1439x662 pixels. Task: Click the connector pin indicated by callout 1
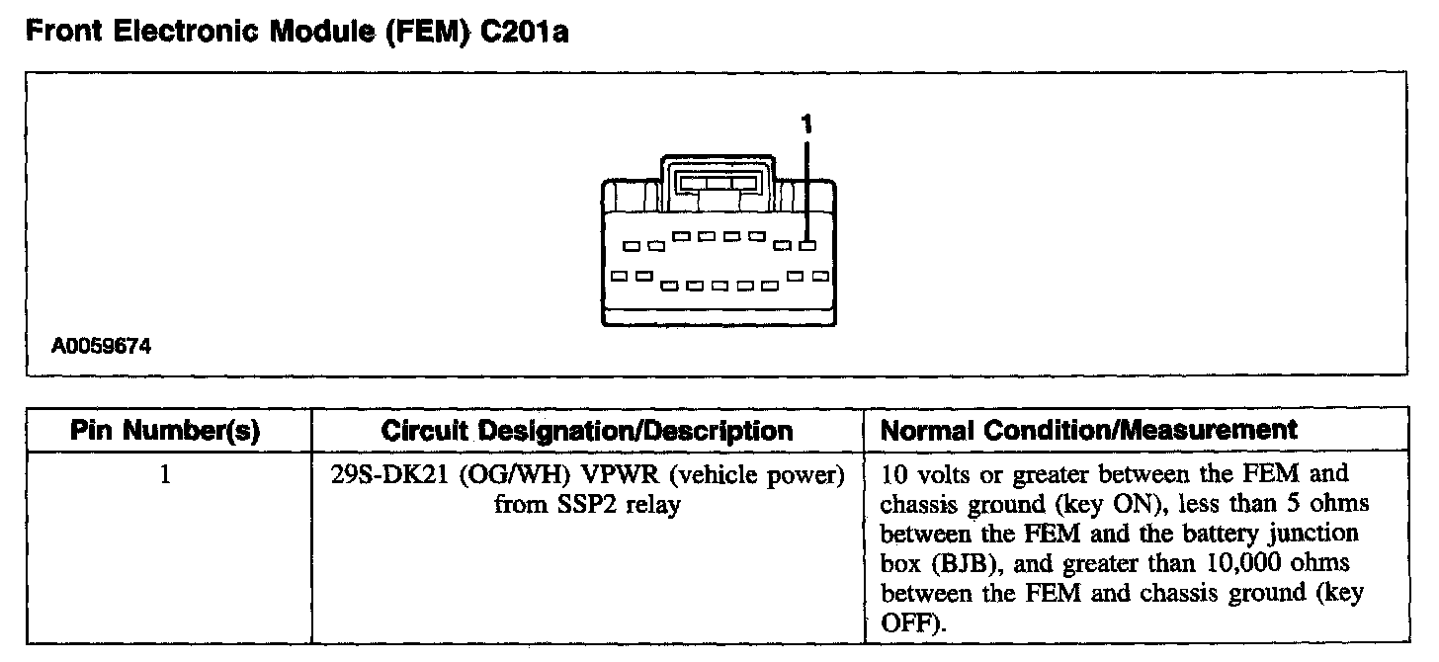807,245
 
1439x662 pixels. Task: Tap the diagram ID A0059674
104,347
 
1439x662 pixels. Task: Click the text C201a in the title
519,32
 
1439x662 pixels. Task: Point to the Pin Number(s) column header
165,431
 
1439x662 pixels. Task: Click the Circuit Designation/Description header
587,431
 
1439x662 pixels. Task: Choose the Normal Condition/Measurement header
1088,431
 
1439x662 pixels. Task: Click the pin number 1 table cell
165,475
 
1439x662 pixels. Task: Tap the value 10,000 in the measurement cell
1248,564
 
